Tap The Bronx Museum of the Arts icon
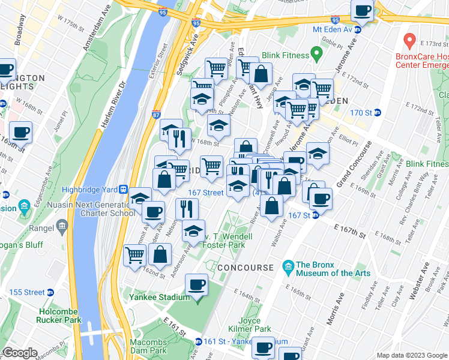tap(288, 266)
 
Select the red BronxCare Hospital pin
tap(410, 41)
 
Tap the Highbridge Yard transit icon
tap(123, 189)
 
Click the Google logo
tap(19, 353)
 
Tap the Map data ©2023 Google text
tap(412, 355)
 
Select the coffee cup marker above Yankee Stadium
tap(196, 284)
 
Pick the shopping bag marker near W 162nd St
tap(160, 254)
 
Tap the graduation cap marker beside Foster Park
tap(193, 232)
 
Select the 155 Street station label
tap(27, 292)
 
